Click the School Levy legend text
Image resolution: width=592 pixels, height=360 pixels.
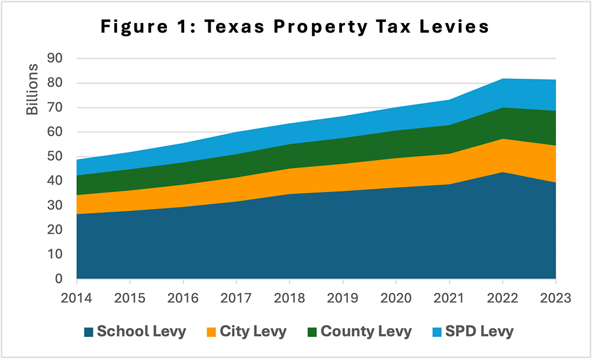(141, 331)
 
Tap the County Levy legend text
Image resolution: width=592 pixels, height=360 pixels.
(366, 331)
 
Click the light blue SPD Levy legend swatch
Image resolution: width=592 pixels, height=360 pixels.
(436, 331)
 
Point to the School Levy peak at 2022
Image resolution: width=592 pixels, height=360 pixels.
(502, 172)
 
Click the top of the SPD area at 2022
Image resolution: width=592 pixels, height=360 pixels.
(502, 79)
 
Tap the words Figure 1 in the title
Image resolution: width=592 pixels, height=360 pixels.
(145, 27)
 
